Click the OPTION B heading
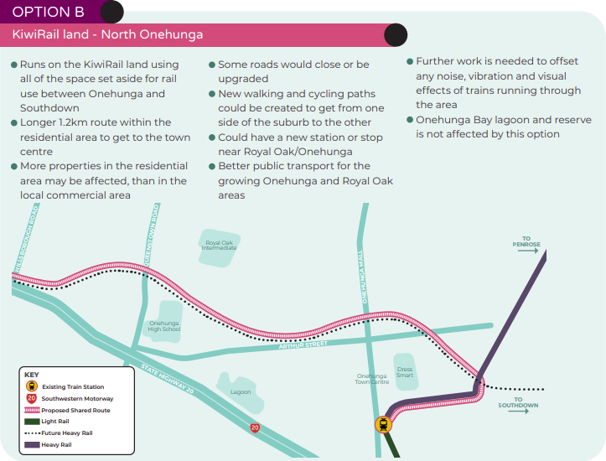pyautogui.click(x=49, y=12)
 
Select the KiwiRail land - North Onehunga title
pyautogui.click(x=107, y=34)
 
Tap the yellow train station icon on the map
pyautogui.click(x=383, y=425)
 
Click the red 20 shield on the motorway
pyautogui.click(x=255, y=427)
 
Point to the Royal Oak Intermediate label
pyautogui.click(x=219, y=246)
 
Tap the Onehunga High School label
pyautogui.click(x=164, y=326)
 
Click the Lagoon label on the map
pyautogui.click(x=241, y=391)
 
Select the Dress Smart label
pyautogui.click(x=405, y=372)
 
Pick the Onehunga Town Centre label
pyautogui.click(x=372, y=379)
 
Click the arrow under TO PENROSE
pyautogui.click(x=528, y=251)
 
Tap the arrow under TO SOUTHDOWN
pyautogui.click(x=518, y=412)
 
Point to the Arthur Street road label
pyautogui.click(x=303, y=344)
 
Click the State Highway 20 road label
pyautogui.click(x=167, y=379)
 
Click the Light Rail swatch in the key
pyautogui.click(x=32, y=422)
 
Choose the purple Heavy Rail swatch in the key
pyautogui.click(x=32, y=445)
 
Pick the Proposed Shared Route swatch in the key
pyautogui.click(x=32, y=410)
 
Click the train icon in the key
pyautogui.click(x=32, y=386)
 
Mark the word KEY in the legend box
pyautogui.click(x=32, y=375)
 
